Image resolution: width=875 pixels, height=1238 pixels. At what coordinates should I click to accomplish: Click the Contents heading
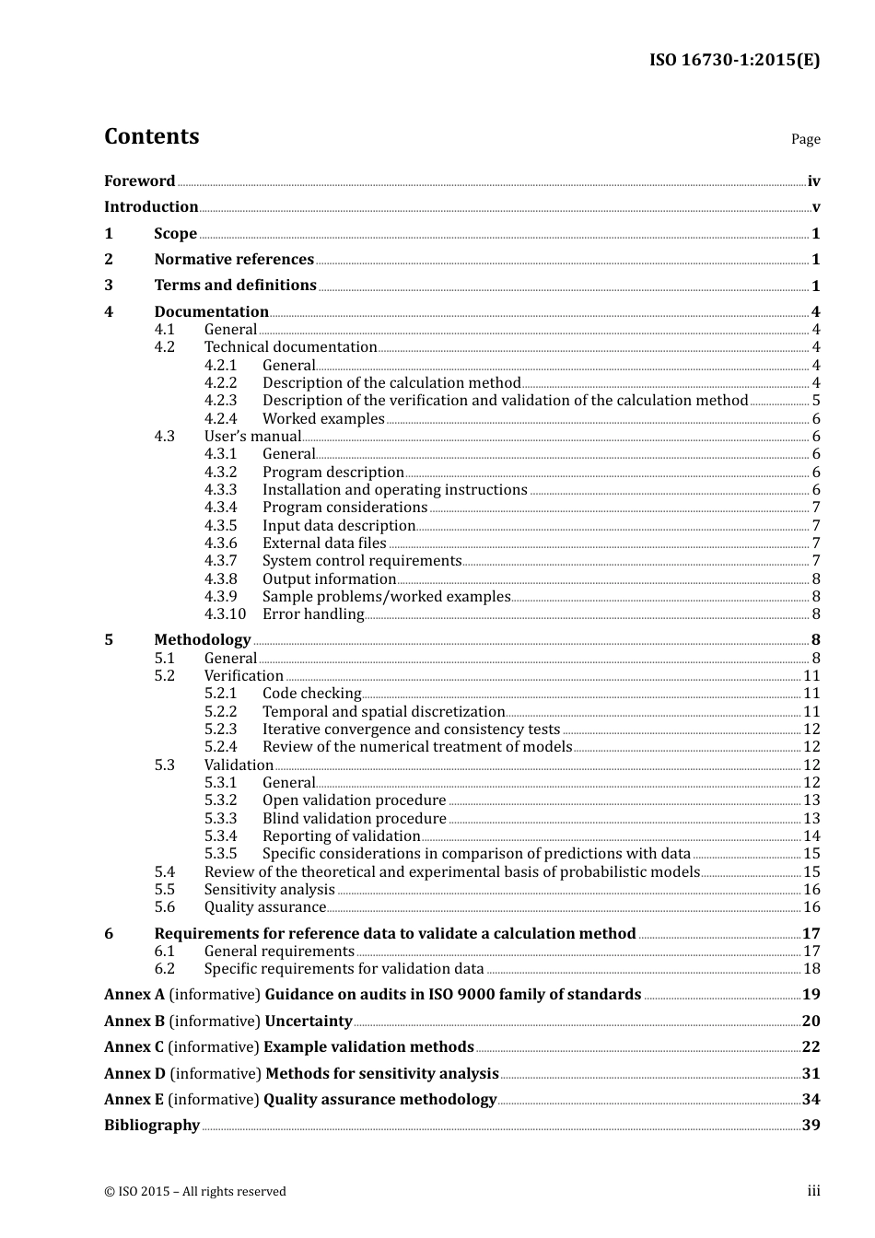[151, 136]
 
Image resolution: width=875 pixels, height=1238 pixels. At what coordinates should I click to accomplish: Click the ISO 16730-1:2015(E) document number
[734, 61]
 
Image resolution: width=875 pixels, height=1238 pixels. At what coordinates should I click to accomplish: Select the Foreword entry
[139, 181]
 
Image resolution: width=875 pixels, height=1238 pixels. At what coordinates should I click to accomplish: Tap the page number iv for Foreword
[813, 181]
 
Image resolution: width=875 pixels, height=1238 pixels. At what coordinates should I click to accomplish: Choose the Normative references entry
[234, 260]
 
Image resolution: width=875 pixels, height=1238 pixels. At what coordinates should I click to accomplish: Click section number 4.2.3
[220, 401]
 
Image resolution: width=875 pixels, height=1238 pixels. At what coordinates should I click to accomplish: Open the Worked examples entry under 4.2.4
[323, 419]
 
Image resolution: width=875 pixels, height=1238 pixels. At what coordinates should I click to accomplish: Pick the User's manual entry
[252, 437]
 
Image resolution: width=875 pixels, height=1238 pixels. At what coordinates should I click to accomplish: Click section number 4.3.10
[225, 614]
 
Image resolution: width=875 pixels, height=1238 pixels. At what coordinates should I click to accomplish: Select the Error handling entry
[313, 614]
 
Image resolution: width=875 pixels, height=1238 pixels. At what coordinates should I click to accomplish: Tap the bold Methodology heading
[202, 640]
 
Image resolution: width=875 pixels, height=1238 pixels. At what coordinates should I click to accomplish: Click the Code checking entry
[311, 694]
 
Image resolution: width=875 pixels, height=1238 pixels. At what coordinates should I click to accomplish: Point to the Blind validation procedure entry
[354, 819]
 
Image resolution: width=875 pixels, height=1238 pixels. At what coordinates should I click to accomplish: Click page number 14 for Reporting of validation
[811, 836]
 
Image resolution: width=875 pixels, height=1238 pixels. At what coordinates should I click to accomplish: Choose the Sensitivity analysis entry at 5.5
[269, 890]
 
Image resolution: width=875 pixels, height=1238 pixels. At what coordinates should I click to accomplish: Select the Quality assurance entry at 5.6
[265, 907]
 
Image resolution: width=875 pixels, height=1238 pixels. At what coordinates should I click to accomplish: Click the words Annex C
[134, 1047]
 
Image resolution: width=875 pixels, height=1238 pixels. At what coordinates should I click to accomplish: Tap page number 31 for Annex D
[811, 1074]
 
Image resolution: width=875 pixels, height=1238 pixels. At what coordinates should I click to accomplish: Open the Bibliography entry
[152, 1126]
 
